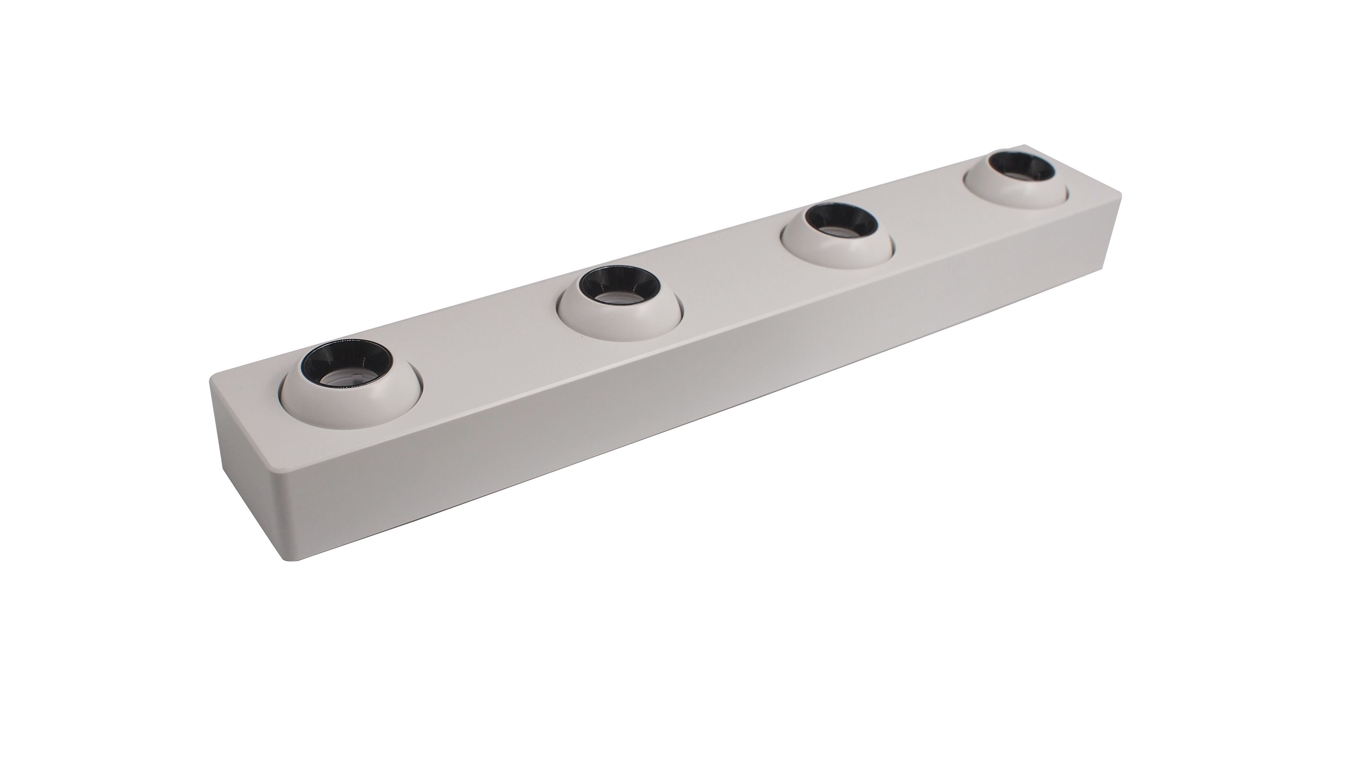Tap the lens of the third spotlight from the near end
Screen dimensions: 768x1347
point(838,229)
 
